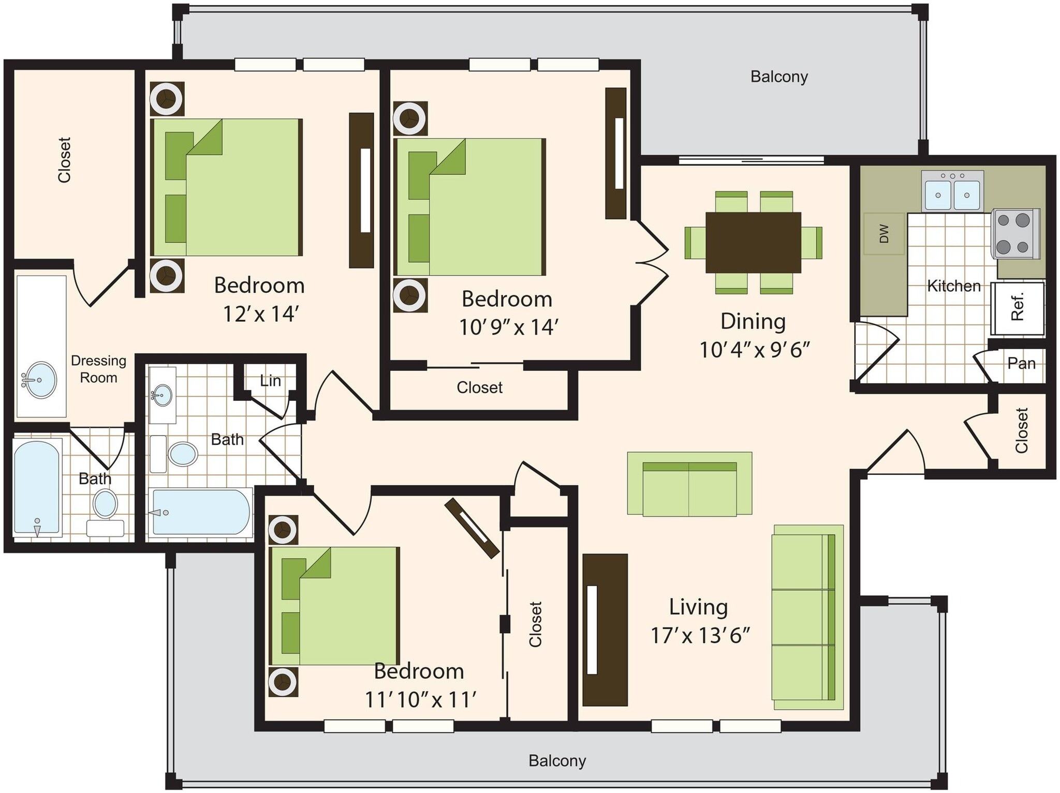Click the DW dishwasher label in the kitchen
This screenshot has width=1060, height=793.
[884, 234]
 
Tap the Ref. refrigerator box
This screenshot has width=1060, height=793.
[1018, 308]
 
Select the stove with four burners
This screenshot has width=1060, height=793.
[1014, 234]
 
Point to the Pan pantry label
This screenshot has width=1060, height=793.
[1021, 364]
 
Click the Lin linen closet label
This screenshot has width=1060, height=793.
[270, 381]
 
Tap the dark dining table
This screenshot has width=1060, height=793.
[753, 242]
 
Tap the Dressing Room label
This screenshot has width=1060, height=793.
[98, 369]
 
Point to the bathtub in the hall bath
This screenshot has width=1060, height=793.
[201, 512]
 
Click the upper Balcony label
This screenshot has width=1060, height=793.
[779, 77]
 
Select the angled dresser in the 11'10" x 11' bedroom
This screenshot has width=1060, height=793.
[472, 528]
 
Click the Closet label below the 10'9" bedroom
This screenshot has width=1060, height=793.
[479, 388]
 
